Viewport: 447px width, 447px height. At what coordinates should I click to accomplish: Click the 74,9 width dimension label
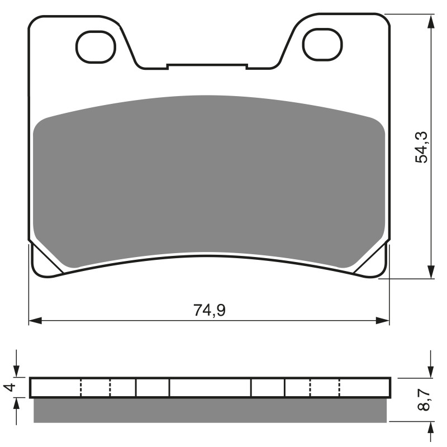click(x=210, y=310)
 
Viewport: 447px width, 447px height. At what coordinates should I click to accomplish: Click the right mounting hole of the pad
click(x=322, y=47)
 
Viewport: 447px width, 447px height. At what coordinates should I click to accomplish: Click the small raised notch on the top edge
click(x=207, y=66)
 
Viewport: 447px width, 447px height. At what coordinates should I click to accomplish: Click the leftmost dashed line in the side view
click(x=82, y=387)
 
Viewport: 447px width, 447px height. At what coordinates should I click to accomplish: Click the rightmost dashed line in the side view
click(x=339, y=387)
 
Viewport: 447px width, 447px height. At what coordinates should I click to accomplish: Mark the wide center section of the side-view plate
click(x=210, y=387)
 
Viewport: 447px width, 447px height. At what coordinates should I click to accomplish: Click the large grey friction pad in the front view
click(x=210, y=179)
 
